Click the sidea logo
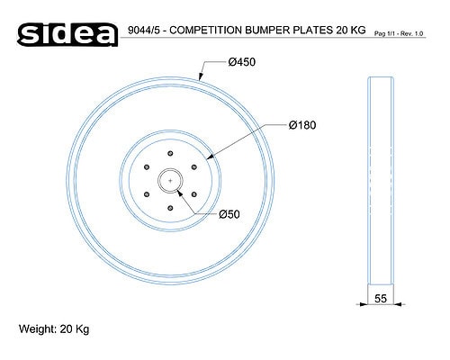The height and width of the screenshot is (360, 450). (67, 34)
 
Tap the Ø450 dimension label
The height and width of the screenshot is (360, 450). (242, 62)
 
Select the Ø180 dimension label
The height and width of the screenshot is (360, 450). (302, 125)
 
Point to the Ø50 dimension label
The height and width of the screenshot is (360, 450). (229, 214)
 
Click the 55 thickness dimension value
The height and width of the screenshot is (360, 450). (381, 299)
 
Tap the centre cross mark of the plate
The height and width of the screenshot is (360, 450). (170, 181)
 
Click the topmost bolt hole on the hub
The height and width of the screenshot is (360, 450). (170, 153)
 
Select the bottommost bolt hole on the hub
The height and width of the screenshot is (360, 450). (170, 208)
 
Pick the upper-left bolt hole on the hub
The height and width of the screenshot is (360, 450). (147, 166)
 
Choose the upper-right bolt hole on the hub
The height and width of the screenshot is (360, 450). (194, 166)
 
